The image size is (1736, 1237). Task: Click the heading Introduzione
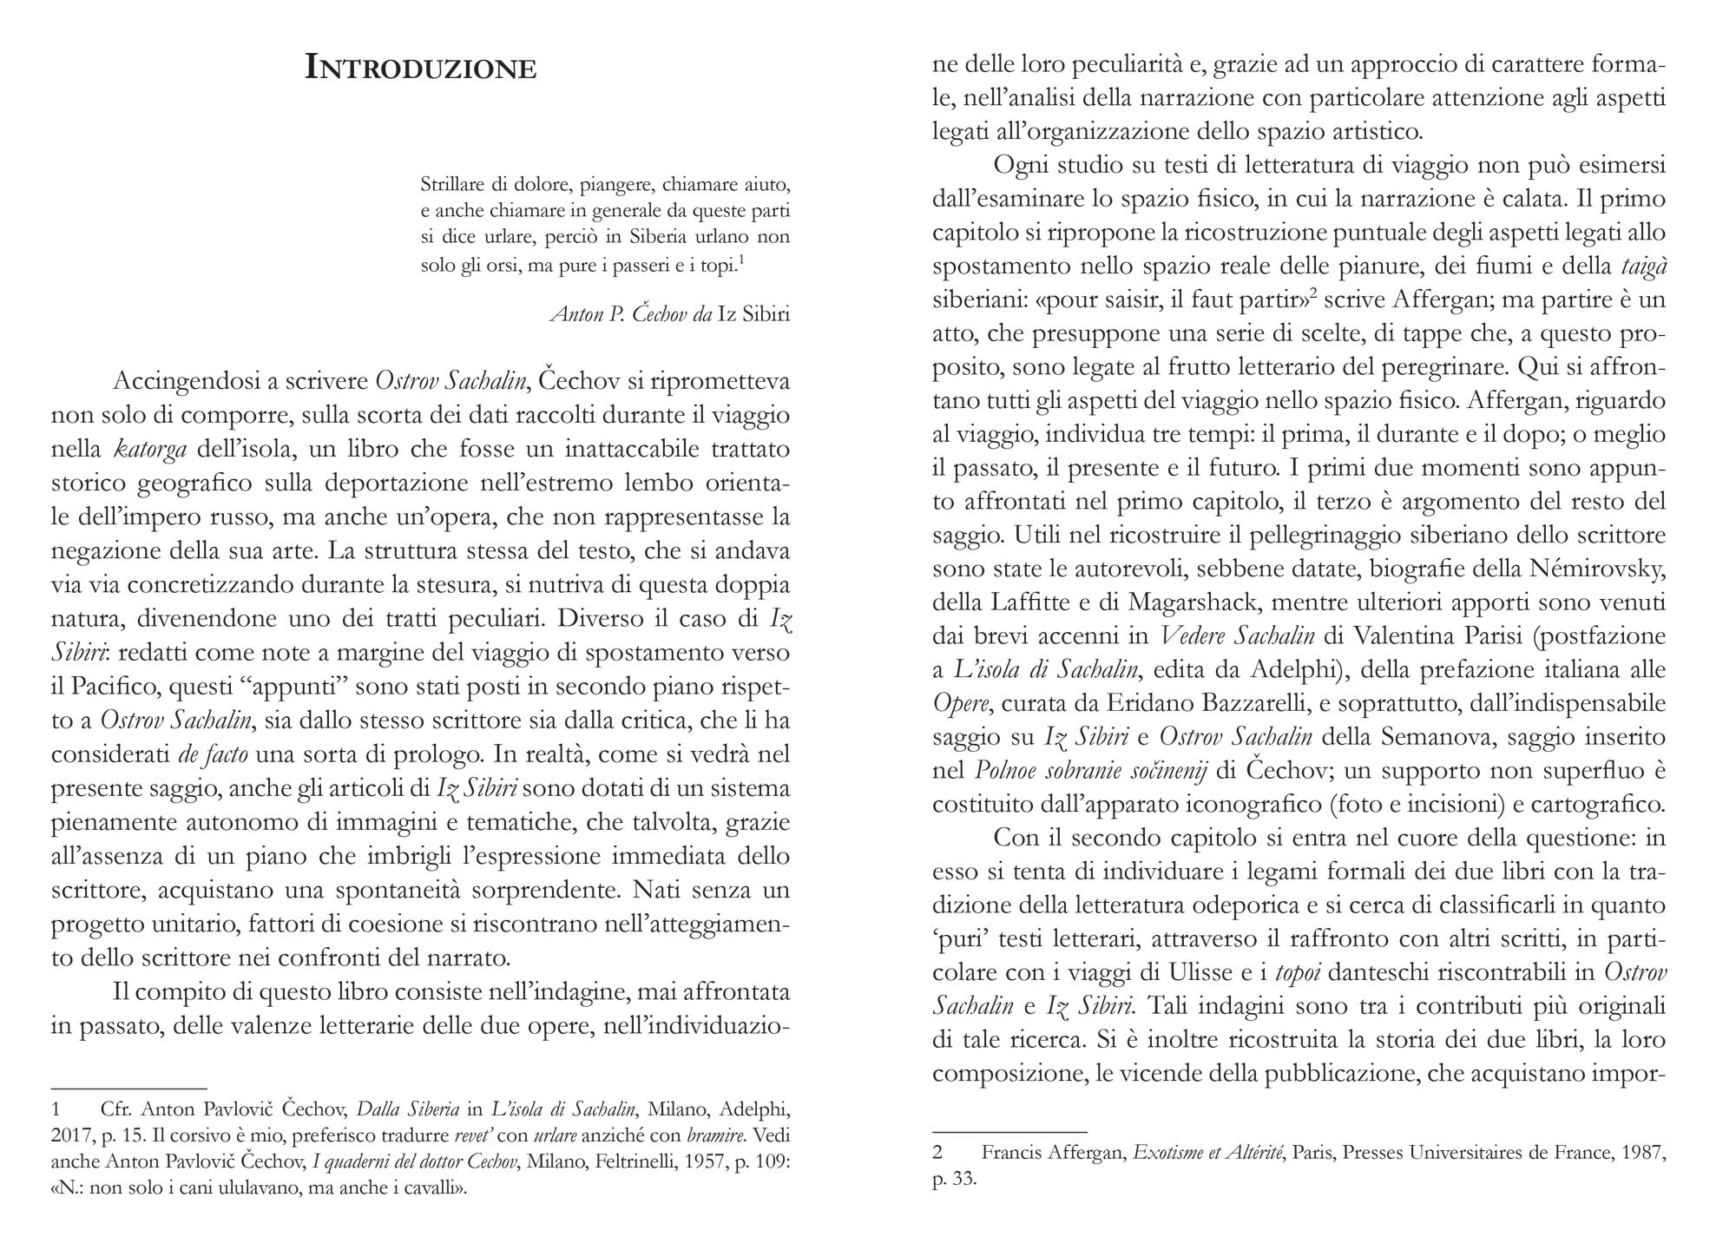420,68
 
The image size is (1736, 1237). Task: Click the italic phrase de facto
213,754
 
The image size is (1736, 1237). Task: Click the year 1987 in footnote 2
1643,1154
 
